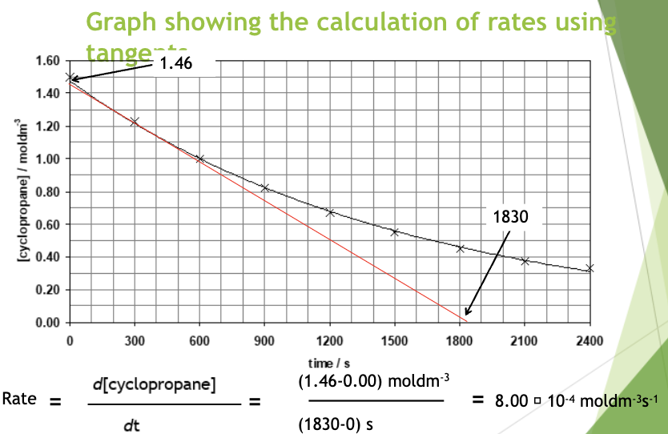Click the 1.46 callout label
click(x=175, y=63)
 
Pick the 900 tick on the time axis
click(x=264, y=340)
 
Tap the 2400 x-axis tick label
click(x=589, y=340)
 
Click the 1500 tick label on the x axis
click(x=394, y=340)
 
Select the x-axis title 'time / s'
click(x=329, y=364)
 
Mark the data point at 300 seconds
click(x=135, y=122)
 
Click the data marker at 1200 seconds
click(x=330, y=212)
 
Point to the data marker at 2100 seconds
click(x=525, y=261)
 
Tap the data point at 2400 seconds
click(x=590, y=268)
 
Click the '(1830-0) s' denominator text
click(x=340, y=424)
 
